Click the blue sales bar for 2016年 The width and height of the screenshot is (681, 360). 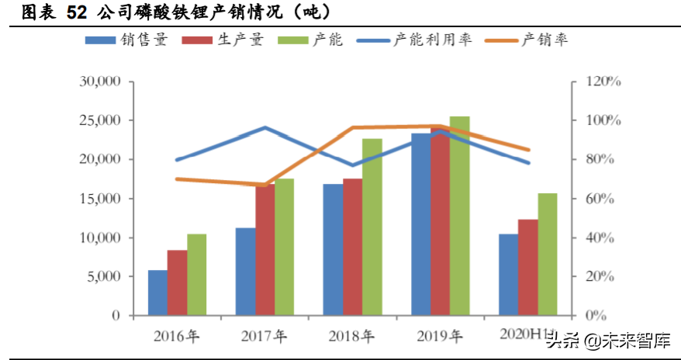tap(158, 293)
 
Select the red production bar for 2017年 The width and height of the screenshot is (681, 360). tap(265, 250)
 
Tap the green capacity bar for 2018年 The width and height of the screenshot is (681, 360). tap(372, 227)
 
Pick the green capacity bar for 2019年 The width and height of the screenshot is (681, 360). tap(459, 216)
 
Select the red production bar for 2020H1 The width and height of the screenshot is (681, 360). tap(528, 268)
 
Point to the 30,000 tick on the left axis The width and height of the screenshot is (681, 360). tap(99, 81)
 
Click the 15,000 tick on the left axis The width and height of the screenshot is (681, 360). tap(99, 199)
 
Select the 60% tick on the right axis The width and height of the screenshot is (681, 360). tap(597, 199)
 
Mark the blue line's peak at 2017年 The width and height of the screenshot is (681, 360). tap(265, 127)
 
